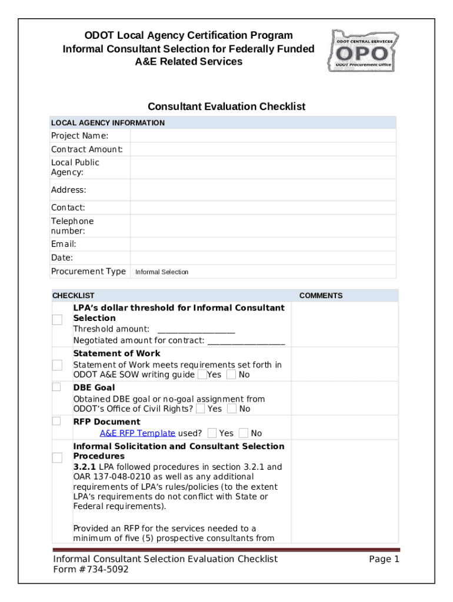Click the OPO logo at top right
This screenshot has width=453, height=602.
pos(362,51)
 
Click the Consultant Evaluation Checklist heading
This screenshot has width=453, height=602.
pos(226,106)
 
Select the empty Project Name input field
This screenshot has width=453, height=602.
pos(263,136)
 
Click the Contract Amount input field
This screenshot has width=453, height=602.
pos(263,149)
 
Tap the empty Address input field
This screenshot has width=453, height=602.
pos(263,190)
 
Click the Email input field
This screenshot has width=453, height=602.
pos(263,244)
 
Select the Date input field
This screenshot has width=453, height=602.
pos(263,257)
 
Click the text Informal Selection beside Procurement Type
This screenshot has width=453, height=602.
pos(162,272)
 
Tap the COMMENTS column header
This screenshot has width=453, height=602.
pos(321,296)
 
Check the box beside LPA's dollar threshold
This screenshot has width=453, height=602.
pos(57,320)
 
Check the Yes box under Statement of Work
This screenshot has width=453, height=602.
pos(202,374)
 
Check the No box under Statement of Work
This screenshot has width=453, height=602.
pos(231,374)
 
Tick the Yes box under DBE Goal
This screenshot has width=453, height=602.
pos(201,409)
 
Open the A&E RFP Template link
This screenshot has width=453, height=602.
pos(137,433)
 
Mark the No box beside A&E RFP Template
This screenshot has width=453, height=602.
pos(244,433)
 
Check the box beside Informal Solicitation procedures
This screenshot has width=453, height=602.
pos(57,457)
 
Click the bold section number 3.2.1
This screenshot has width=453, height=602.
pos(84,467)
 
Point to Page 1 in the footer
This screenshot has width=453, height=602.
pos(384,559)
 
